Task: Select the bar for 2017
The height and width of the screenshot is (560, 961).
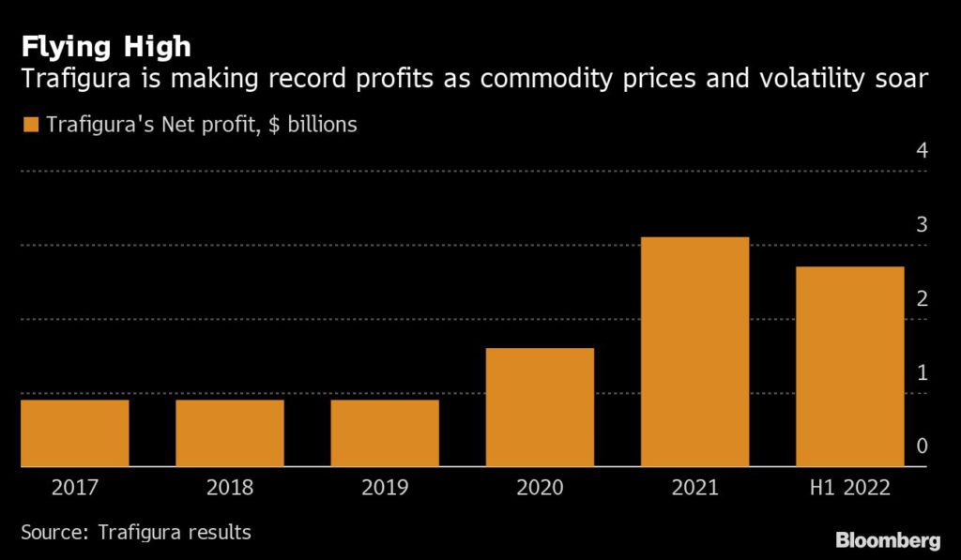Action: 74,432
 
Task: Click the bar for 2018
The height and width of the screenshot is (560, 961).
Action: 230,432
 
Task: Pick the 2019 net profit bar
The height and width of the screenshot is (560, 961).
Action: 385,432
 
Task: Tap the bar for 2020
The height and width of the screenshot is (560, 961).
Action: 540,407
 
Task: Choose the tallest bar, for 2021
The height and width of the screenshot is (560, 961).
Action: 694,352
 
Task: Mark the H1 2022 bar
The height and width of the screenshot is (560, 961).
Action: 850,366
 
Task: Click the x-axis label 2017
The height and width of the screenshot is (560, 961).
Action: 74,488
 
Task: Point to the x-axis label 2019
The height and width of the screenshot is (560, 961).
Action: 385,488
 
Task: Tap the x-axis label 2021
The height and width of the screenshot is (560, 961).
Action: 694,488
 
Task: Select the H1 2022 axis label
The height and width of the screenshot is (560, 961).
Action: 850,488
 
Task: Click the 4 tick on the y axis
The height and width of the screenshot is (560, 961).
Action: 922,151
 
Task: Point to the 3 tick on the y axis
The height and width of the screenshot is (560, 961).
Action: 922,224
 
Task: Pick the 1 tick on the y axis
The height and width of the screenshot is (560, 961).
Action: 922,372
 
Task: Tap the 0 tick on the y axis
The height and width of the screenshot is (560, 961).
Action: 922,446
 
